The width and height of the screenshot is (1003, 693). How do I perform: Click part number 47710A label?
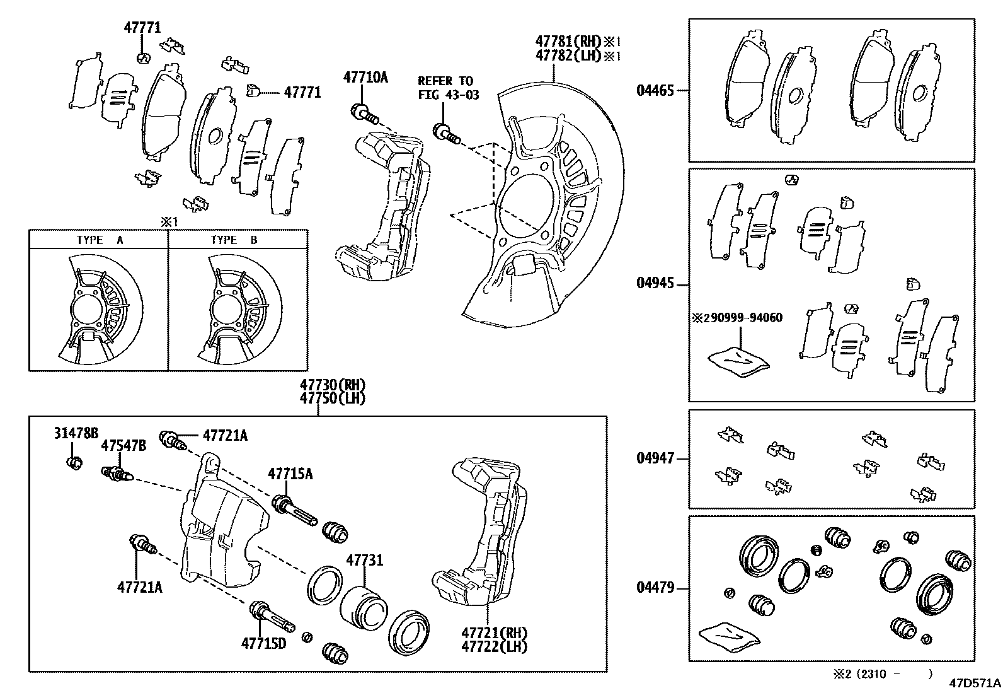(x=365, y=78)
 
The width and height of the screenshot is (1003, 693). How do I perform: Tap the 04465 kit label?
(x=655, y=91)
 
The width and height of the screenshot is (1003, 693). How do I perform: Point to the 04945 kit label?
(x=655, y=283)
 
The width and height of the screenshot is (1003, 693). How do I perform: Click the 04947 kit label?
(x=655, y=458)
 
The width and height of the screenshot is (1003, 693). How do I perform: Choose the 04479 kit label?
(x=655, y=588)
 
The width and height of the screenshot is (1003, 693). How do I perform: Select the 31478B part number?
(x=76, y=433)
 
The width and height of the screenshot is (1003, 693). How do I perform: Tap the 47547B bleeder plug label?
(x=123, y=446)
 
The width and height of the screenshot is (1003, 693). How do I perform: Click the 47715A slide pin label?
(x=290, y=474)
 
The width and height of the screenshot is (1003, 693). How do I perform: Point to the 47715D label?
(x=263, y=643)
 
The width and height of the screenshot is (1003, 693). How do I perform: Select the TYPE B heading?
(x=234, y=240)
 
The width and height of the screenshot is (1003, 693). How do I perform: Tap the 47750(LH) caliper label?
(x=332, y=399)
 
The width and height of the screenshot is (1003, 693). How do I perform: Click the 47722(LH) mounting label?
(x=494, y=646)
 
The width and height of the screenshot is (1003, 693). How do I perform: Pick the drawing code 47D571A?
(x=975, y=683)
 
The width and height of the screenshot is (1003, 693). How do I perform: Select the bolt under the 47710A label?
(x=364, y=114)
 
